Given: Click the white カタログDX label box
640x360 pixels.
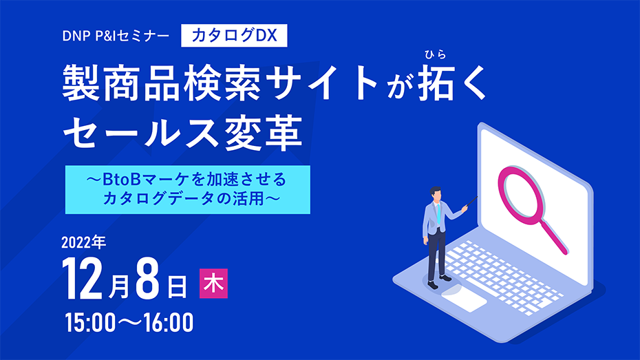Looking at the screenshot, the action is click(x=234, y=36).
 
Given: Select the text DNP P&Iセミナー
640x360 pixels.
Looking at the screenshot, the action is click(x=116, y=36).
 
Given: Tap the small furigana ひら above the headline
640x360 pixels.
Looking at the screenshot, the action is click(x=435, y=54).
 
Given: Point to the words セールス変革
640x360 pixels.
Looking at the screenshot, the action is click(x=182, y=132).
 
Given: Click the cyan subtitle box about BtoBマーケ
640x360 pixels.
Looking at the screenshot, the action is click(x=188, y=189).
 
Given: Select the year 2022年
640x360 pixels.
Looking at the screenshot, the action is click(x=84, y=242).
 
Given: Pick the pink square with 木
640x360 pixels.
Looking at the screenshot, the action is click(x=213, y=284).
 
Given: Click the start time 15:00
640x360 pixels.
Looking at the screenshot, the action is click(x=91, y=322).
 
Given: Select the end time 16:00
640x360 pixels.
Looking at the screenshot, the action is click(x=168, y=322).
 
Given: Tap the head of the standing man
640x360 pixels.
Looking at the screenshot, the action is click(x=436, y=194).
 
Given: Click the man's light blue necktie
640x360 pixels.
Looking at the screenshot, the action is click(x=438, y=214).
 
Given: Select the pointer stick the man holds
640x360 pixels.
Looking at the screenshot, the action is click(x=472, y=201).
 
